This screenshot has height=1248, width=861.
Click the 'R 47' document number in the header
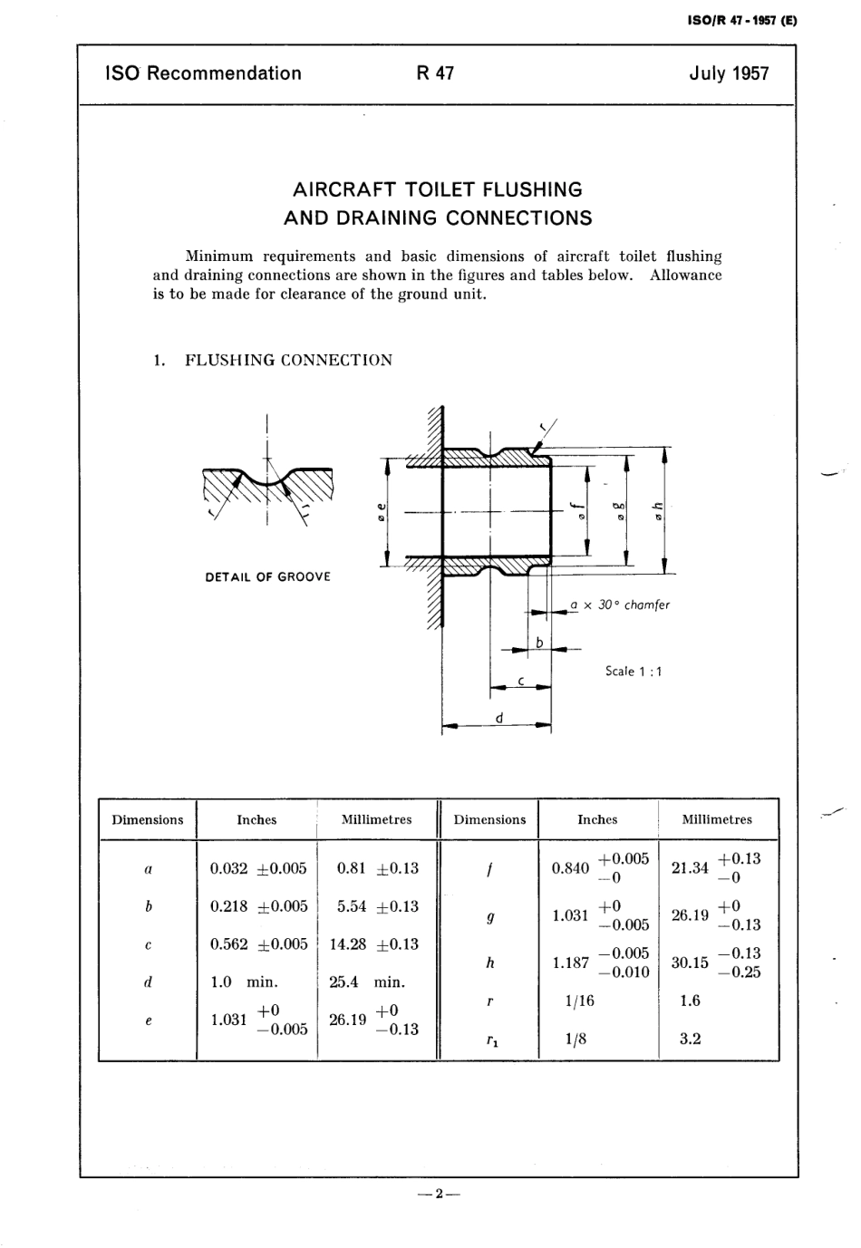click(435, 73)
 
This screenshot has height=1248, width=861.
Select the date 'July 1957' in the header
click(728, 73)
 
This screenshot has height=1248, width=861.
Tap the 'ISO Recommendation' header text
click(203, 73)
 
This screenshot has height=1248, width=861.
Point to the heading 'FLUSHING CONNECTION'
click(288, 360)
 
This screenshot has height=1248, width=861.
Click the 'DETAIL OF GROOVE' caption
click(268, 576)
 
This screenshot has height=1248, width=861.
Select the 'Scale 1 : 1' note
click(634, 672)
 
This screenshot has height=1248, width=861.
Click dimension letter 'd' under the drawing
click(498, 719)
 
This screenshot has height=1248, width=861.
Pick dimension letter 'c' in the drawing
click(521, 679)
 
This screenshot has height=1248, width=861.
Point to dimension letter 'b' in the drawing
click(538, 643)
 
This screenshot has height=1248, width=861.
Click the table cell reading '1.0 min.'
click(244, 982)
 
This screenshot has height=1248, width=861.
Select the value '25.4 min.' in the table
click(366, 982)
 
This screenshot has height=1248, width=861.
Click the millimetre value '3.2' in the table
click(691, 1040)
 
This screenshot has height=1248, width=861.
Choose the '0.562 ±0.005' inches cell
click(258, 943)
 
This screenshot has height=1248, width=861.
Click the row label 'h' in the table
click(489, 963)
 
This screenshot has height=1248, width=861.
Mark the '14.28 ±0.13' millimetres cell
click(373, 943)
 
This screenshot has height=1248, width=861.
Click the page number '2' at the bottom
click(439, 1194)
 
